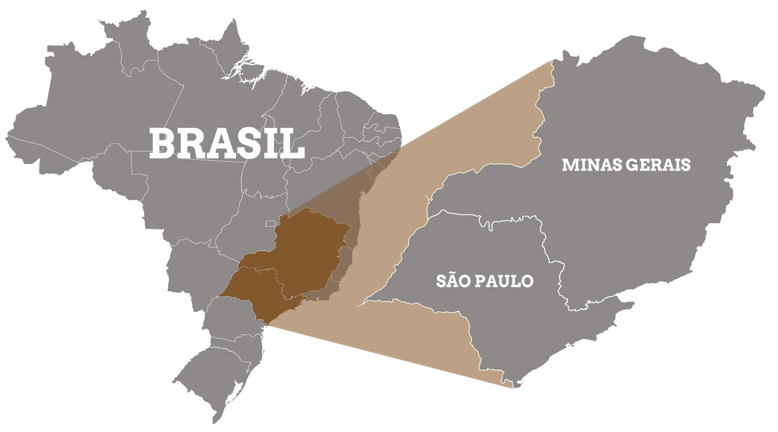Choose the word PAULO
click(508, 281)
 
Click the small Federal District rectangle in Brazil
click(270, 224)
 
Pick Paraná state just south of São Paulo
click(228, 317)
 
